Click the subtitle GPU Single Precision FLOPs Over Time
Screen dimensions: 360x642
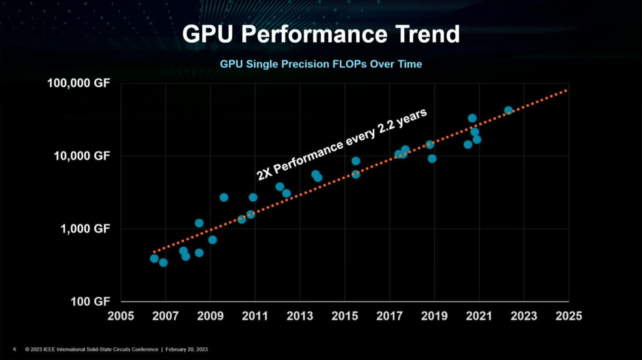tap(321, 64)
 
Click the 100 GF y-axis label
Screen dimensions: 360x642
tap(90, 302)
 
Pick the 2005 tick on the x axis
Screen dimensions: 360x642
tap(121, 315)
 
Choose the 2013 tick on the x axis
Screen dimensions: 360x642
tap(300, 315)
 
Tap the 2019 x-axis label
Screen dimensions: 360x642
tap(434, 315)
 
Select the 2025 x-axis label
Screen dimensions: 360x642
tap(568, 315)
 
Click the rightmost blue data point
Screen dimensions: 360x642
tap(508, 110)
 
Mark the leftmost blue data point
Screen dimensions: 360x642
tap(154, 258)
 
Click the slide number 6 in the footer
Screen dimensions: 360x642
tap(15, 349)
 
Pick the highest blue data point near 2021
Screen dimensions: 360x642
tap(472, 118)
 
